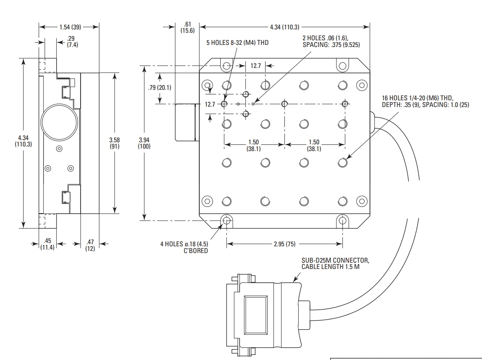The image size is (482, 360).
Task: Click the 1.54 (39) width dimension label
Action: click(x=70, y=27)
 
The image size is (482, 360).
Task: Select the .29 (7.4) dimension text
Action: click(x=72, y=42)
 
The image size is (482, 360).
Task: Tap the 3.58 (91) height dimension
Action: click(x=115, y=143)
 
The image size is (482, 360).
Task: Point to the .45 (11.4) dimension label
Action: click(x=47, y=244)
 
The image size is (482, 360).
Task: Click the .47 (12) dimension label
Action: click(x=90, y=245)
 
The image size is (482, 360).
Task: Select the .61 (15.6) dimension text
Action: click(x=188, y=27)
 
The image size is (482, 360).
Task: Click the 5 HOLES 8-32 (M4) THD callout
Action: click(x=237, y=43)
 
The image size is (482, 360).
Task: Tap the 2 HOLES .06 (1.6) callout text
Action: click(x=331, y=41)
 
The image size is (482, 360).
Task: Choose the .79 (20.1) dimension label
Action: click(x=159, y=88)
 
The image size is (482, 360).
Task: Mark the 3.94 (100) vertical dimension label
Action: click(x=144, y=143)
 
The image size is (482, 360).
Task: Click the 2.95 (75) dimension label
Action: click(x=284, y=244)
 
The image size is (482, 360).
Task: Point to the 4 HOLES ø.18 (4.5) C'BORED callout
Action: click(x=184, y=248)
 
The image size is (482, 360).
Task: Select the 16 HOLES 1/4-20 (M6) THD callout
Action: click(x=425, y=102)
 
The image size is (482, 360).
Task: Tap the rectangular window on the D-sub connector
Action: click(x=256, y=315)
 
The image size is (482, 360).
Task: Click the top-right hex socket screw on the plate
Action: click(x=362, y=85)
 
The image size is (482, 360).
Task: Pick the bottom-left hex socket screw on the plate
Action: click(x=208, y=201)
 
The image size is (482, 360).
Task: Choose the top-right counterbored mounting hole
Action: click(x=342, y=65)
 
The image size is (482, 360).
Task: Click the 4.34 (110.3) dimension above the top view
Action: click(x=284, y=27)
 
